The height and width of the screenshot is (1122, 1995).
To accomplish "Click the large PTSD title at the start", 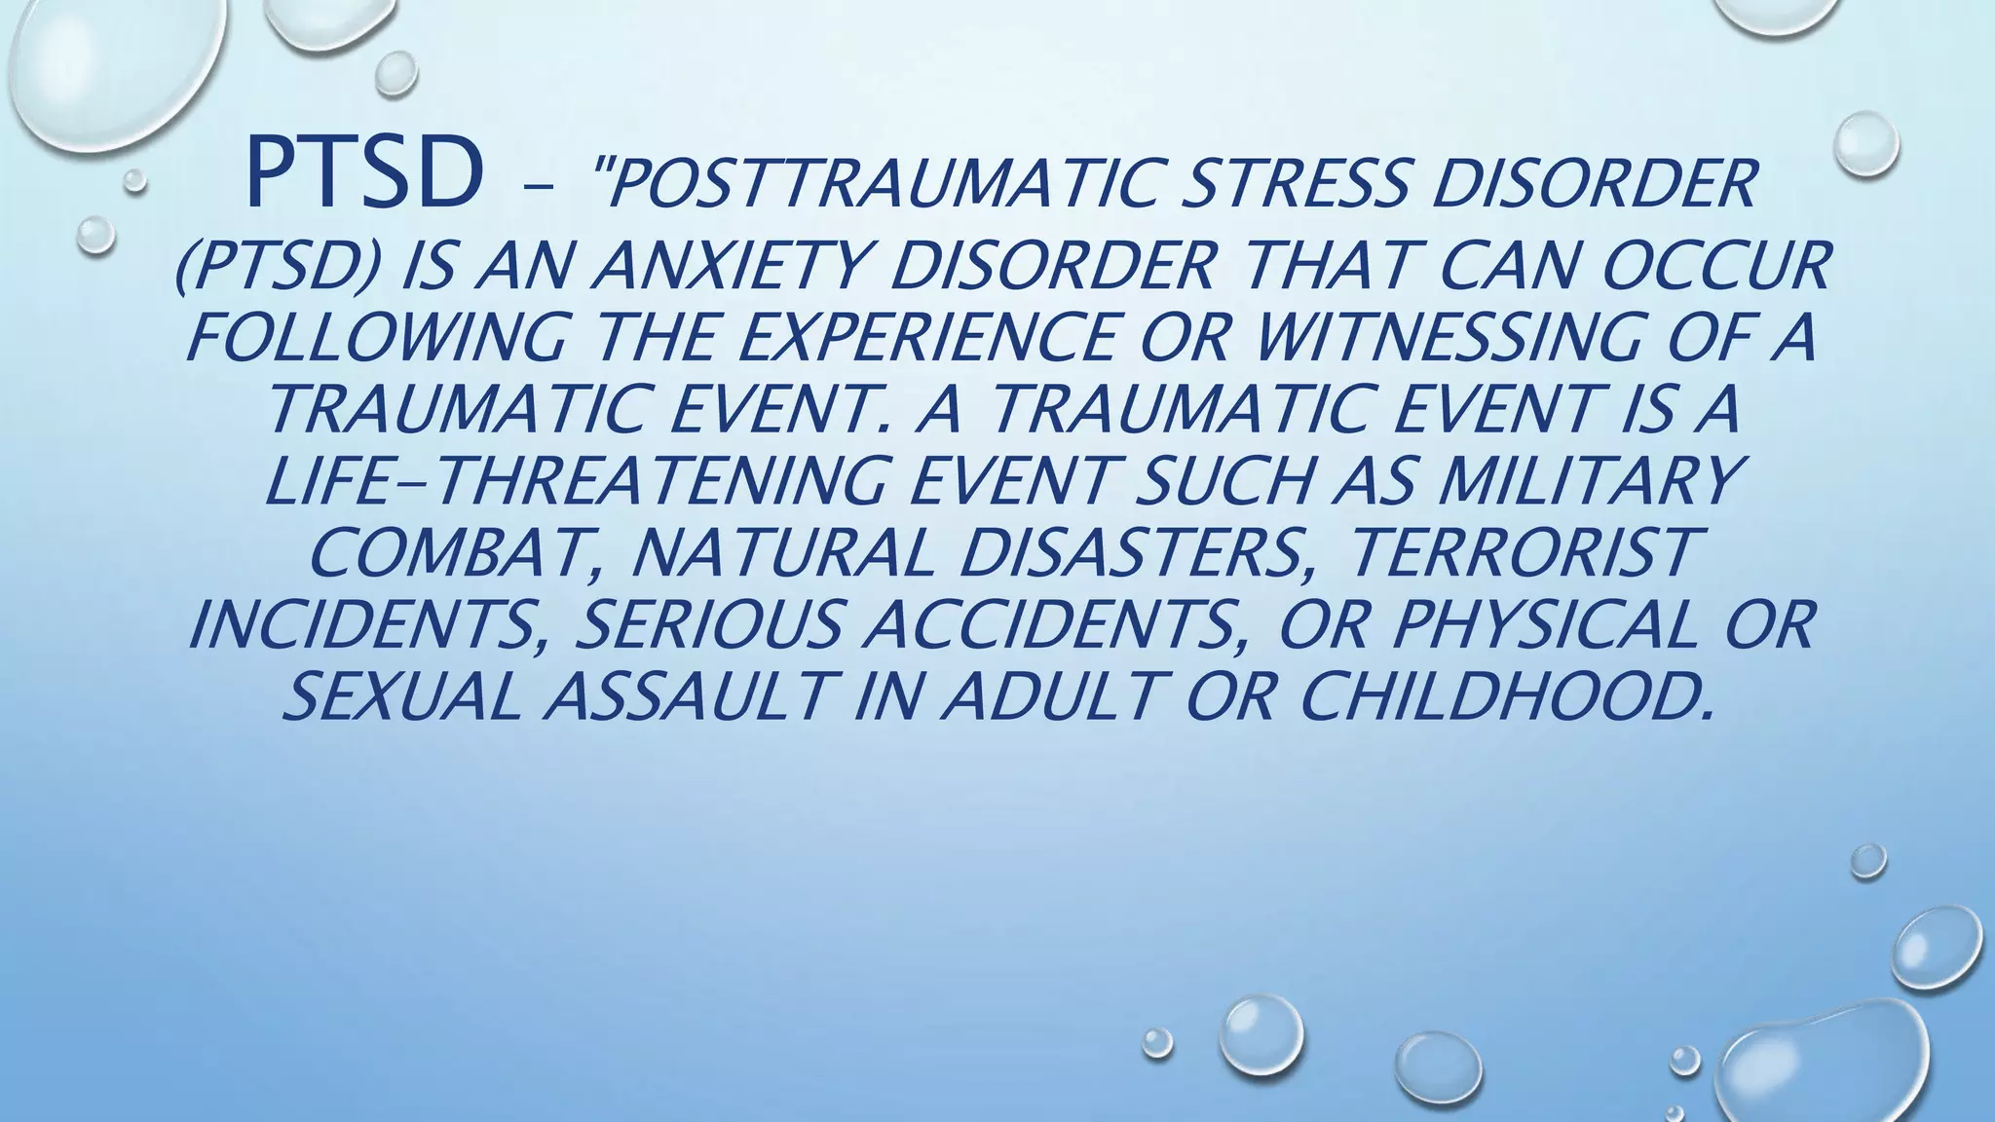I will pyautogui.click(x=365, y=175).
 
